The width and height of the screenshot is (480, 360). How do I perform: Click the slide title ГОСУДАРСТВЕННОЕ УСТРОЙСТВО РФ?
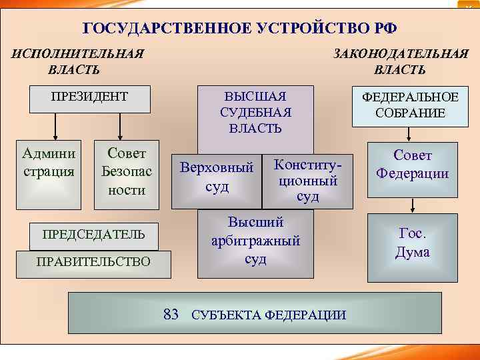pos(239,29)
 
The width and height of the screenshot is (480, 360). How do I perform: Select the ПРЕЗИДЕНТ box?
pos(89,97)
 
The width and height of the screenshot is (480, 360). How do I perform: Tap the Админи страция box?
pos(49,163)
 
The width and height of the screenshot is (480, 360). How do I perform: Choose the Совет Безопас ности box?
pos(126,171)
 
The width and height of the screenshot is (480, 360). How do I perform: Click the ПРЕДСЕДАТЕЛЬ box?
pos(93,235)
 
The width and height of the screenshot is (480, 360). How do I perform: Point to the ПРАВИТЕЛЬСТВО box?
pos(93,261)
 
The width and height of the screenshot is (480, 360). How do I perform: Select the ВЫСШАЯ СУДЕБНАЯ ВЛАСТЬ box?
pos(255,111)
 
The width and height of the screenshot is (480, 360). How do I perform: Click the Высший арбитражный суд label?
pos(255,241)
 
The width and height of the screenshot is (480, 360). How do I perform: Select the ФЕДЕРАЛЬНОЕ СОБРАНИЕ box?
pos(410,105)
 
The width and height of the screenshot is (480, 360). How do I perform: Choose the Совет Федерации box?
pos(413,165)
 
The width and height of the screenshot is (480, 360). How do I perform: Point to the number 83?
pos(171,314)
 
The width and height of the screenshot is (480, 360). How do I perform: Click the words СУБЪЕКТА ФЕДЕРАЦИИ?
pos(269,315)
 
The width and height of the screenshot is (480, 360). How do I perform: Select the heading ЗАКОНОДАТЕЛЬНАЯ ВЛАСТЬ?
pos(401,61)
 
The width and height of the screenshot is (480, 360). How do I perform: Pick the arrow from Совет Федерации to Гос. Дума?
pos(413,205)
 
